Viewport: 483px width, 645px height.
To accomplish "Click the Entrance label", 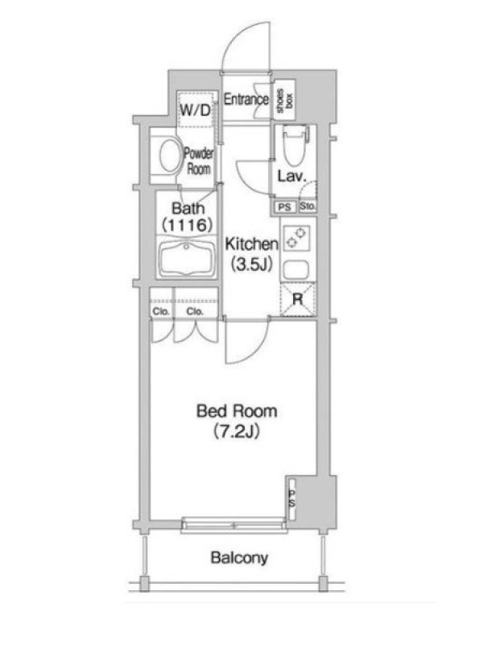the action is (x=246, y=99).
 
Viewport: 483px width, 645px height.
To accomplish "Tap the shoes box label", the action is (x=285, y=101).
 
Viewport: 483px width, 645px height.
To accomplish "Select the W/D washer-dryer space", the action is (x=196, y=110).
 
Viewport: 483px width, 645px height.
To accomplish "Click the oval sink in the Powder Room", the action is (x=171, y=156).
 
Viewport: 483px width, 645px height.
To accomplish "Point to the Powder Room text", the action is (x=199, y=160).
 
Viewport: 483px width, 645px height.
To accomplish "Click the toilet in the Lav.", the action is (x=295, y=145).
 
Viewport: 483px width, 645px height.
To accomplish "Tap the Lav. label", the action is (x=292, y=177).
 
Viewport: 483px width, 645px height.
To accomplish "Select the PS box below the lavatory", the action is (x=285, y=207).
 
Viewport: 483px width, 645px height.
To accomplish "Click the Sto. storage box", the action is (x=308, y=206).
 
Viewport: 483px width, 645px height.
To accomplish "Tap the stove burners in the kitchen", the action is (x=296, y=238).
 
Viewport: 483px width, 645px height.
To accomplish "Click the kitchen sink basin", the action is (x=295, y=270).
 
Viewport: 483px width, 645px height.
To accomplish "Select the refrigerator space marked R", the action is (x=298, y=299).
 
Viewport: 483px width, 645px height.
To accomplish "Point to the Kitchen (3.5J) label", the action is (x=251, y=254).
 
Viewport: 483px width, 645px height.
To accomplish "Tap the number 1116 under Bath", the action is (x=188, y=225).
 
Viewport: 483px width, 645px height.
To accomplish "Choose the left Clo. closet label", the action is (x=161, y=311).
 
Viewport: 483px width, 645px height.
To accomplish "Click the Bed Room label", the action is (x=237, y=411).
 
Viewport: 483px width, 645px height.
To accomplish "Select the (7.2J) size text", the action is (x=237, y=431).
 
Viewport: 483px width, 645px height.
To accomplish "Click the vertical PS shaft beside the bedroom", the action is (x=292, y=499).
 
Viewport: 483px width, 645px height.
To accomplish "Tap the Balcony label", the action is (x=239, y=558).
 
